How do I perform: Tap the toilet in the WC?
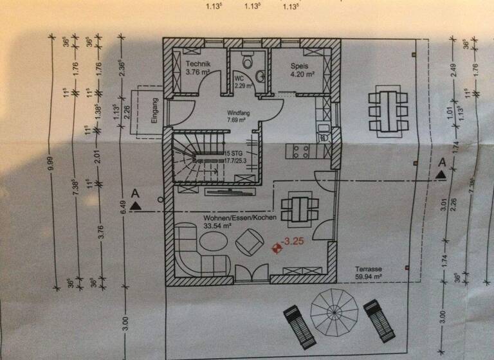coord(246,61)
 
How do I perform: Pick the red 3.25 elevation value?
coord(293,242)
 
